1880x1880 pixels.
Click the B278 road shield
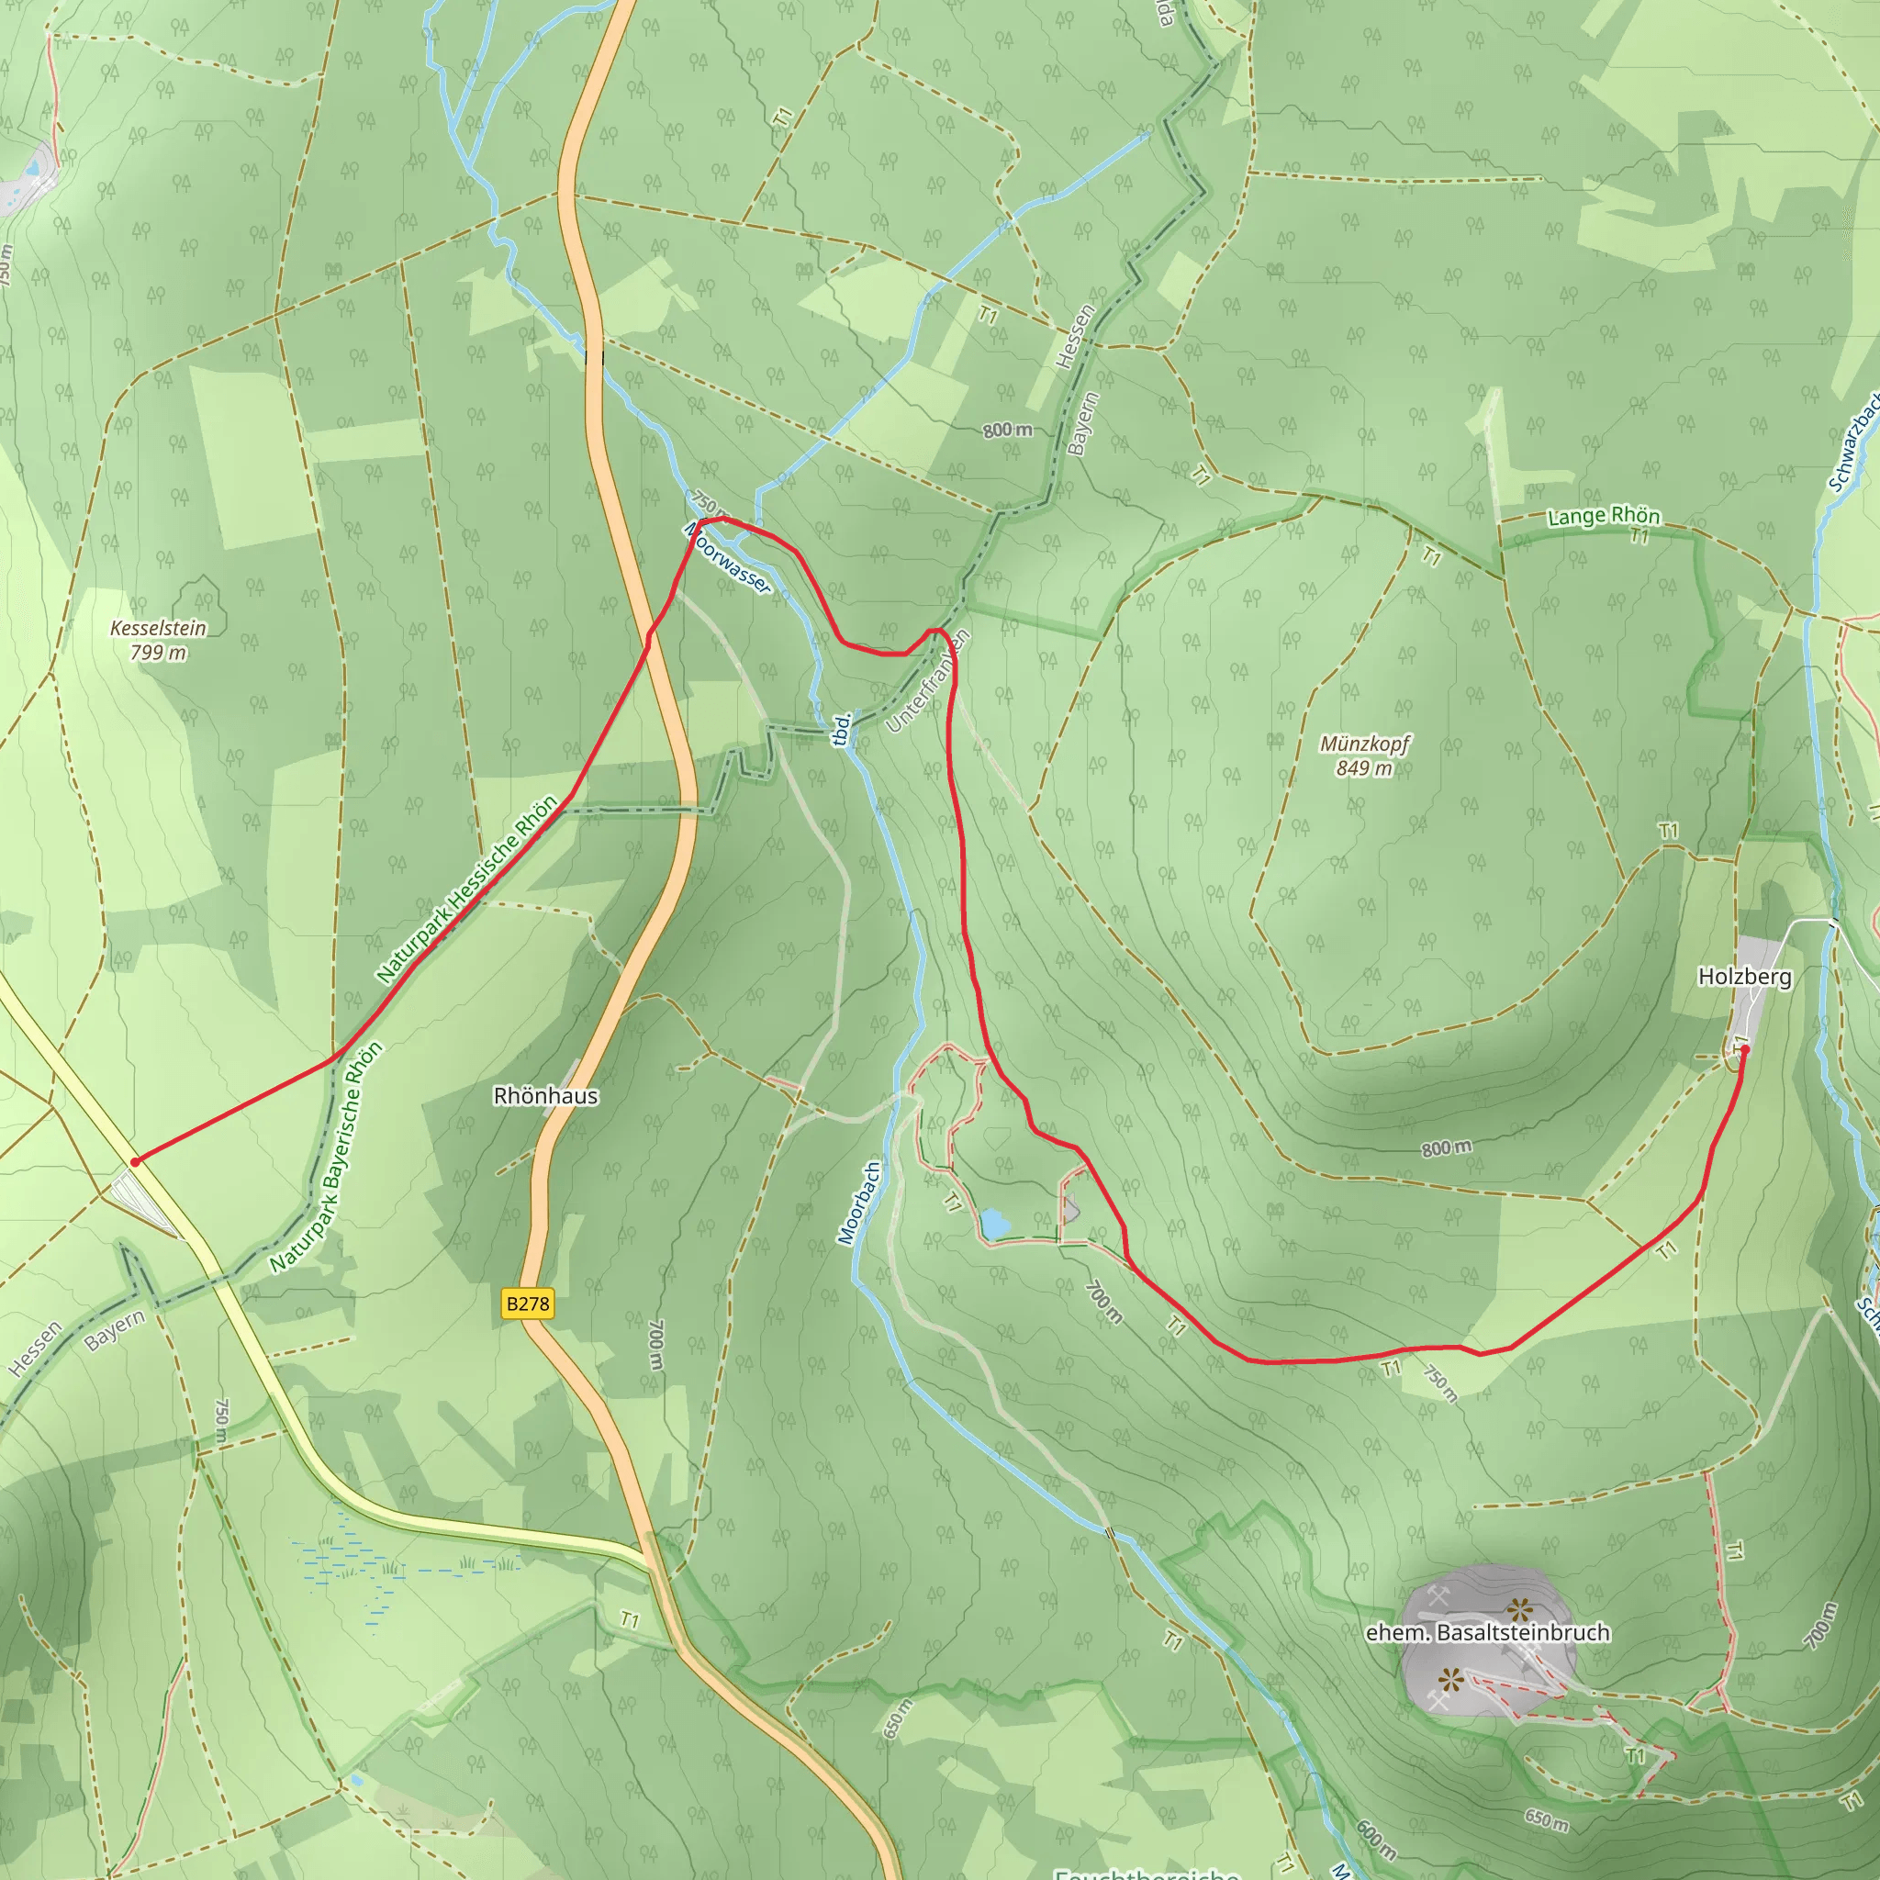(x=528, y=1304)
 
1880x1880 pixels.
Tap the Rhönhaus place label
(x=545, y=1096)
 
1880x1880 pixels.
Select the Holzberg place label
(x=1745, y=976)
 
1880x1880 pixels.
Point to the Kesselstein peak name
(x=158, y=628)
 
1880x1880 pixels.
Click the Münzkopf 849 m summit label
(x=1364, y=756)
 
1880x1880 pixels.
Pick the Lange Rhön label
(x=1604, y=515)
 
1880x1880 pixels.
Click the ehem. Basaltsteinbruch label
(x=1488, y=1632)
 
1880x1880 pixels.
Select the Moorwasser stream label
(x=728, y=557)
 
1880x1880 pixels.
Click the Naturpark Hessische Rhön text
(x=467, y=888)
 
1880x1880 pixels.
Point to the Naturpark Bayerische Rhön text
(x=327, y=1157)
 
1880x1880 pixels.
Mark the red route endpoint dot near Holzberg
(x=1745, y=1050)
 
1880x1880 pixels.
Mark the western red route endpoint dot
(x=135, y=1162)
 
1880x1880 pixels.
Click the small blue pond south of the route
(x=993, y=1223)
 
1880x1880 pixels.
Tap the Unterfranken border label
(x=929, y=681)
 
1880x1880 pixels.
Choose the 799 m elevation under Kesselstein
(x=158, y=653)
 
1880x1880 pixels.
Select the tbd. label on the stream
(x=843, y=729)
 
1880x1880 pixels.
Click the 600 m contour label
(x=1375, y=1836)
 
